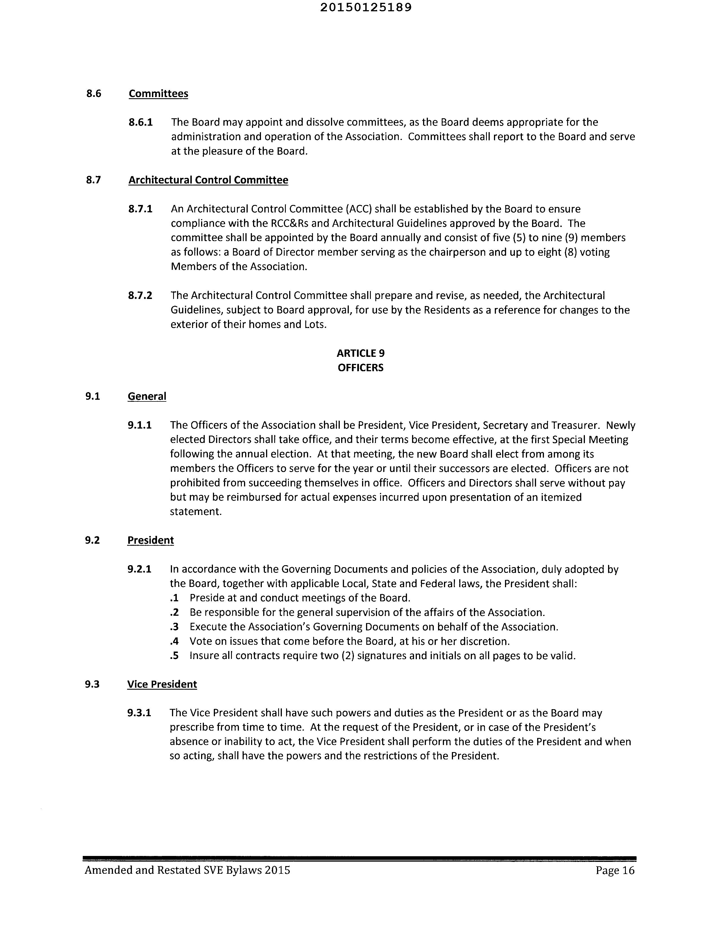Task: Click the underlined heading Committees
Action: tap(158, 94)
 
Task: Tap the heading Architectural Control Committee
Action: tap(208, 180)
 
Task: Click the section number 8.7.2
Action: tap(140, 295)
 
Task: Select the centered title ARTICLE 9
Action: tap(361, 353)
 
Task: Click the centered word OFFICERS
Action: tap(361, 368)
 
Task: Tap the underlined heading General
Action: tap(147, 396)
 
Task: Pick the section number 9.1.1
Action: tap(140, 425)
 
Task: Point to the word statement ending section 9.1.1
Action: tap(195, 512)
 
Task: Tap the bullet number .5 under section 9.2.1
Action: tap(174, 656)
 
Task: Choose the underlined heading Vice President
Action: tap(162, 684)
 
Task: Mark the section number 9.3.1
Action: tap(139, 713)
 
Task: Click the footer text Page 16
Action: tap(615, 870)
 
